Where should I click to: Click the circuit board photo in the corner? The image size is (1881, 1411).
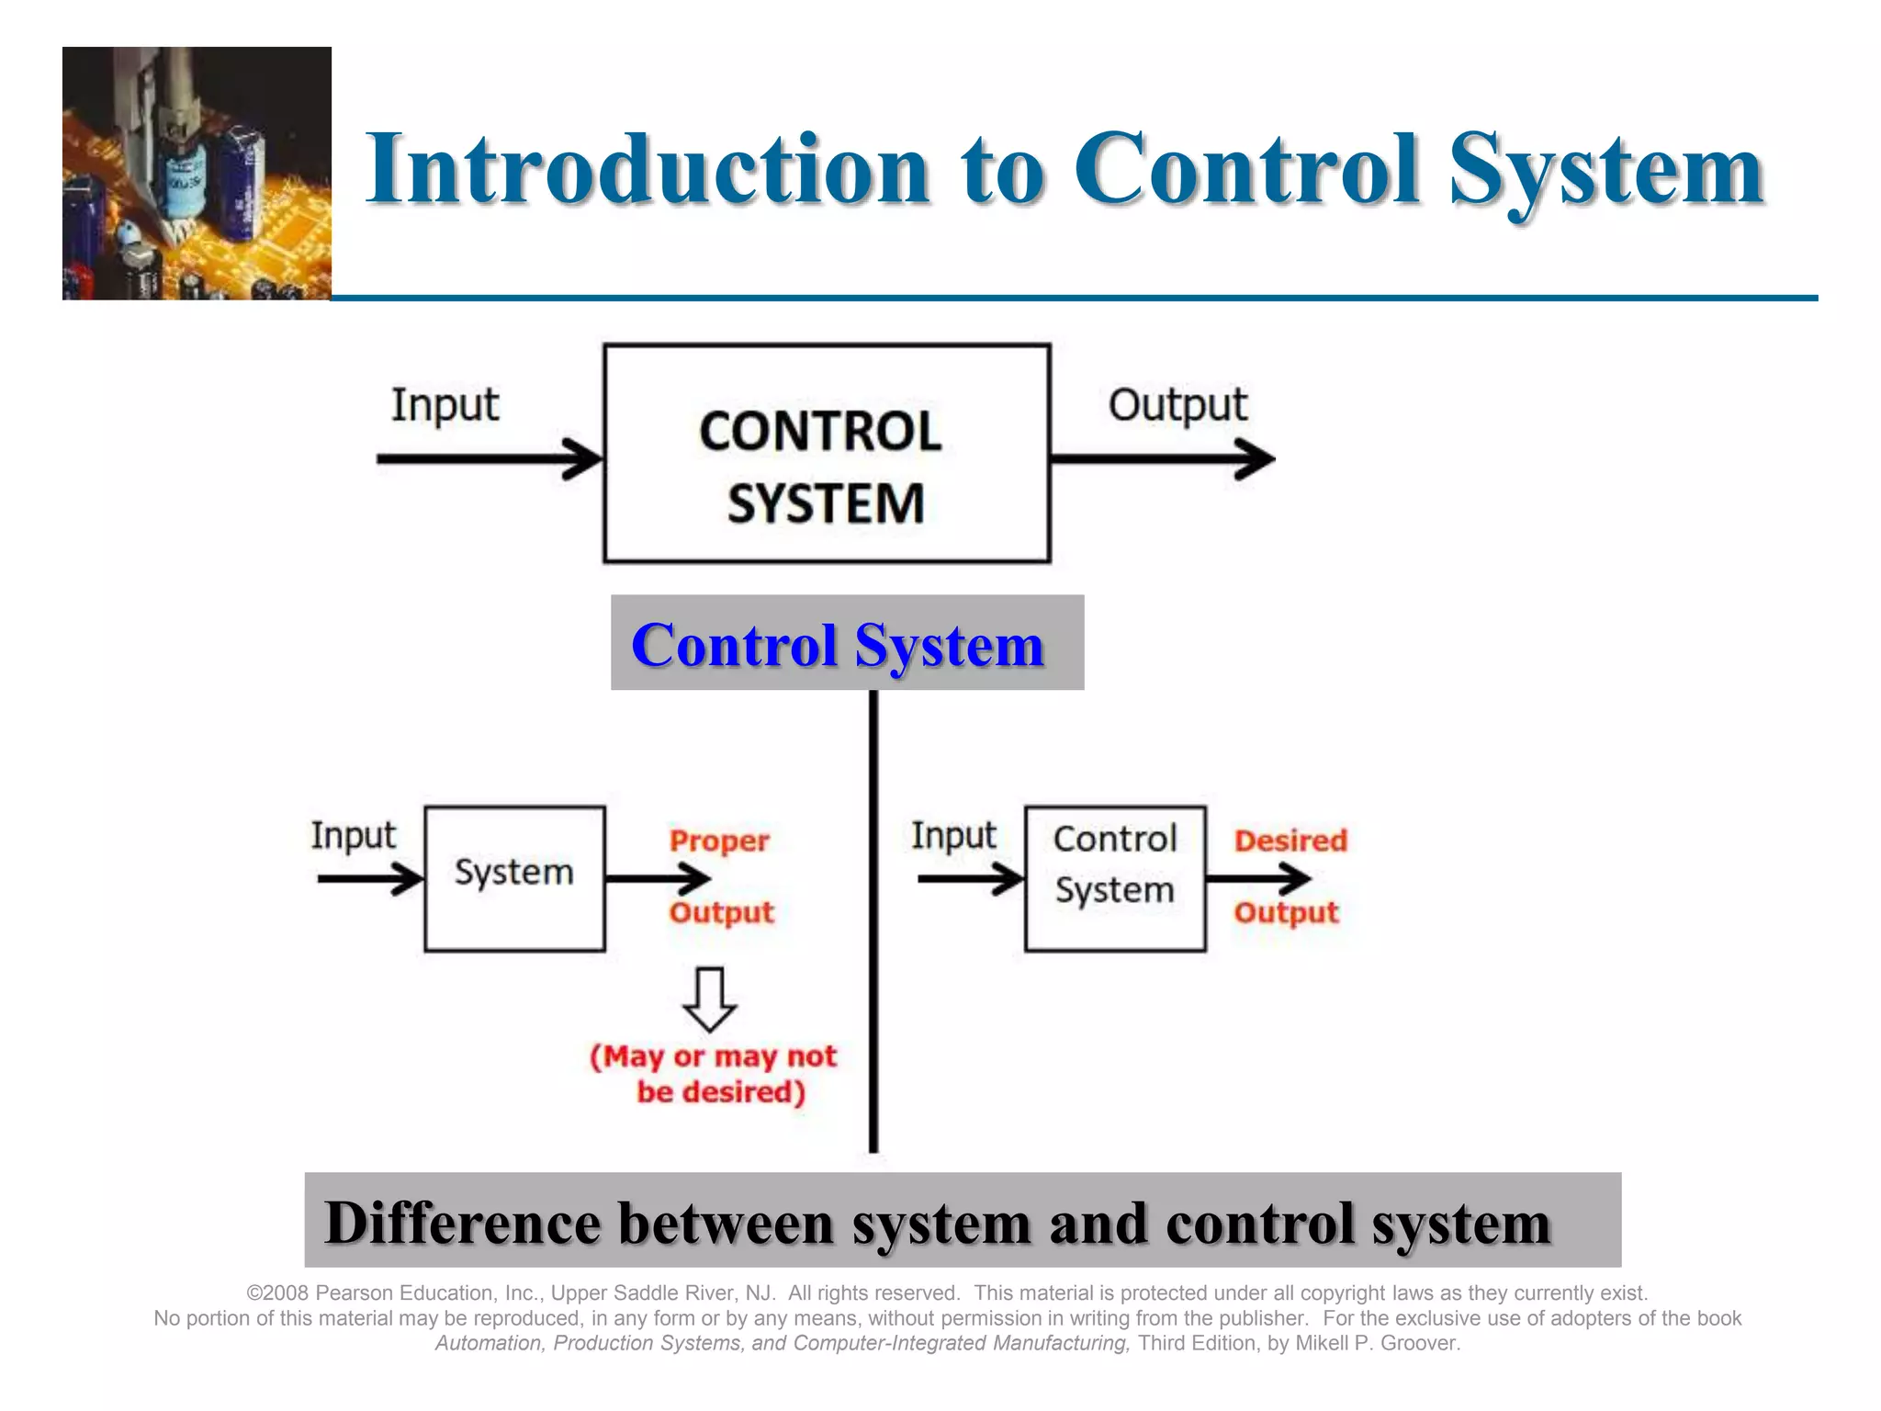(x=197, y=174)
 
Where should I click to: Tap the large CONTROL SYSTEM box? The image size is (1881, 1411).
(x=826, y=453)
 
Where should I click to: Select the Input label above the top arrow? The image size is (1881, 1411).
(x=445, y=405)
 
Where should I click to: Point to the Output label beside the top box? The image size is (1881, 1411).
(x=1177, y=405)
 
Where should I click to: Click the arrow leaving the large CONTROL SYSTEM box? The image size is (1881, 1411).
(x=1162, y=458)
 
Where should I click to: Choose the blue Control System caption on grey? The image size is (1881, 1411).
(x=838, y=644)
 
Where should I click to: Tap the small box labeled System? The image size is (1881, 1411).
(x=514, y=878)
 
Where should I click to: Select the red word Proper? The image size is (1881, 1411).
(x=719, y=841)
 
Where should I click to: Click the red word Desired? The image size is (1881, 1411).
(x=1290, y=841)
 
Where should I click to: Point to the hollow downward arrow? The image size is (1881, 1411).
(x=710, y=999)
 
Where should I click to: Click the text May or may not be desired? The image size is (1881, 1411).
(x=715, y=1074)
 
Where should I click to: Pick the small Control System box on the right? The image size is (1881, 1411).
(x=1114, y=878)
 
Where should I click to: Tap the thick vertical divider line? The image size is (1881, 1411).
(x=873, y=919)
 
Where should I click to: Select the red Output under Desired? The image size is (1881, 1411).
(x=1286, y=913)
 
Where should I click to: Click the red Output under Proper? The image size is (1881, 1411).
(x=721, y=913)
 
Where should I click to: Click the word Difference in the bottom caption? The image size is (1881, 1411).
(x=461, y=1224)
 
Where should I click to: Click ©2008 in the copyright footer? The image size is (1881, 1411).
(x=277, y=1293)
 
